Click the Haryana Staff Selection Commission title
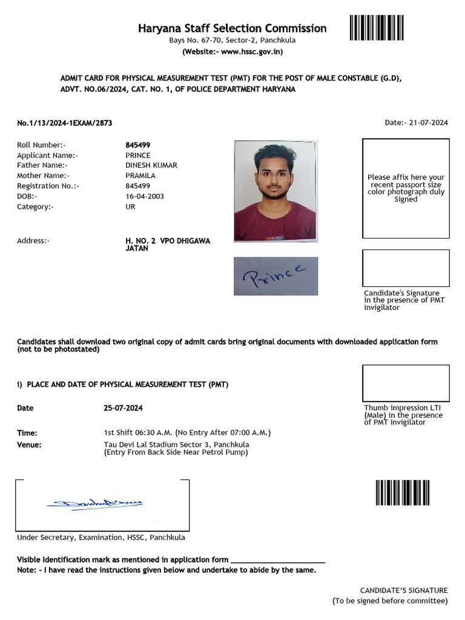[232, 28]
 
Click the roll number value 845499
[138, 145]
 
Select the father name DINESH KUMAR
[151, 165]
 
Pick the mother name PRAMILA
[140, 176]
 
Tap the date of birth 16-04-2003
[145, 196]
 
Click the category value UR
[130, 206]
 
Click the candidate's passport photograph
[275, 191]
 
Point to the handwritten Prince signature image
[275, 276]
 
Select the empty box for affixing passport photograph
[406, 188]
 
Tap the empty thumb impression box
[406, 383]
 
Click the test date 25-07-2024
[124, 408]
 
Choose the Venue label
[29, 445]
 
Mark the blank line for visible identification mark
[278, 561]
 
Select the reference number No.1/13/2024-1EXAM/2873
[64, 123]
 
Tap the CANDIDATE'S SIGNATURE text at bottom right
[404, 590]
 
